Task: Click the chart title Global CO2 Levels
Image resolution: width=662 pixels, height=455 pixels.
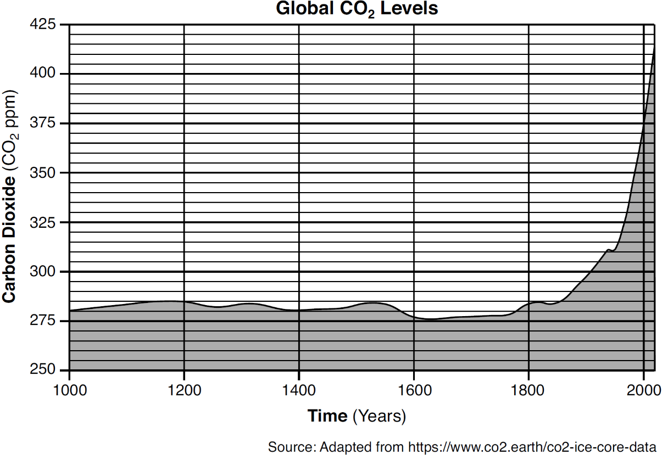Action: tap(357, 9)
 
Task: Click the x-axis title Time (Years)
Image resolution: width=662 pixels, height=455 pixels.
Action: tap(357, 416)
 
